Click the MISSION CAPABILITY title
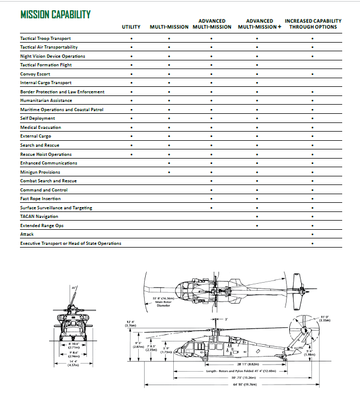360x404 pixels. pos(55,14)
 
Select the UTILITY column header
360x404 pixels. pos(131,27)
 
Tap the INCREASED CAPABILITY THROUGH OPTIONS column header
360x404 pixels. pos(313,24)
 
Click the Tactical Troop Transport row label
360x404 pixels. pos(45,38)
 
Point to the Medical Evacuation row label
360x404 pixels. pos(40,127)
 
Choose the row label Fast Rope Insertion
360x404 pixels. pos(40,198)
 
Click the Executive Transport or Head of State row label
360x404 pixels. pos(71,243)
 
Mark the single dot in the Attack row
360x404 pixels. pos(313,235)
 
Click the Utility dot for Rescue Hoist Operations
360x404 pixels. pos(131,154)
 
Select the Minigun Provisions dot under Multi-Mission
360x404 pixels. pos(169,172)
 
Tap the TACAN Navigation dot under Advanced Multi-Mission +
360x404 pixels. pos(256,216)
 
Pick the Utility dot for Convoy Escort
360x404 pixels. pos(131,74)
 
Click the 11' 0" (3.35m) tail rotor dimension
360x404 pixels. pos(324,318)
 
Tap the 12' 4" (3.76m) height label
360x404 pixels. pos(131,324)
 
